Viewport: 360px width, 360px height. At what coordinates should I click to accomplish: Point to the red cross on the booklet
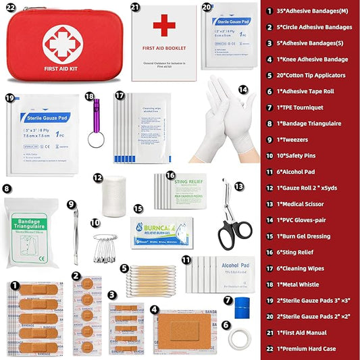click(163, 27)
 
